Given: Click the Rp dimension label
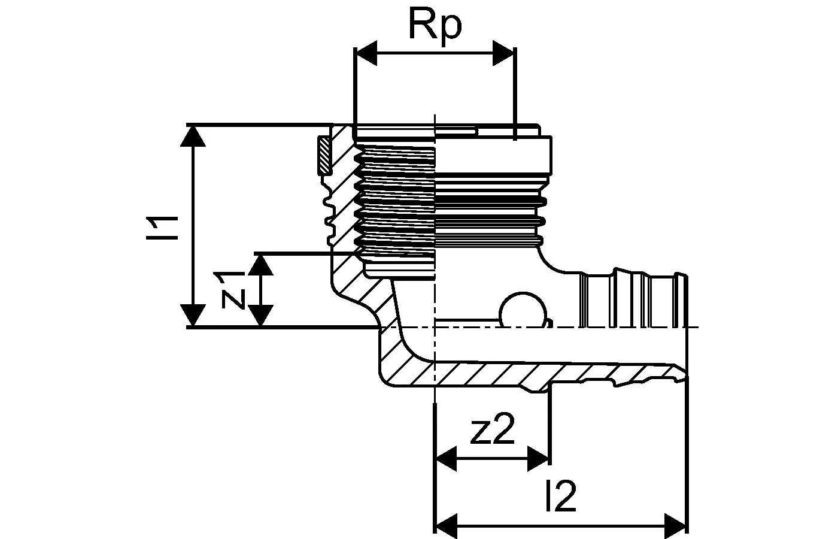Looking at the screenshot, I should [x=435, y=26].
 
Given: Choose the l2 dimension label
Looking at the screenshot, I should [x=561, y=497].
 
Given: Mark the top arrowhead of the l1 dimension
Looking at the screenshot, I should [x=193, y=136].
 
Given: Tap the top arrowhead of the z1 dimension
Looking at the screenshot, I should [x=260, y=264].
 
